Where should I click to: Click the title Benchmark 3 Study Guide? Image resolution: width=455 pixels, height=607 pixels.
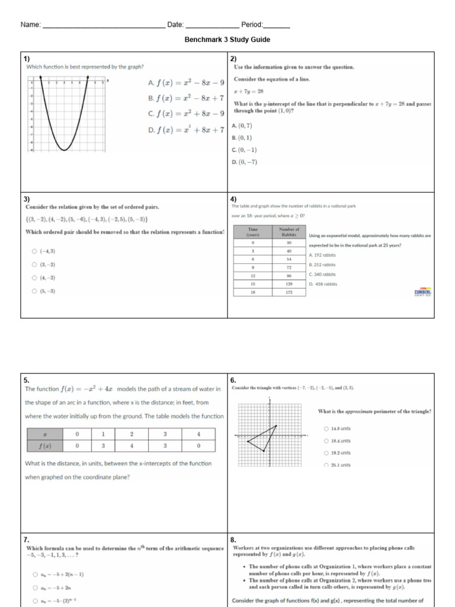click(227, 40)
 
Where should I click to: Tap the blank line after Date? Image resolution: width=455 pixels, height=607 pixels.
click(212, 25)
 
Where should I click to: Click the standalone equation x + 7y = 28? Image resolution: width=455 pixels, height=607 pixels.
click(249, 91)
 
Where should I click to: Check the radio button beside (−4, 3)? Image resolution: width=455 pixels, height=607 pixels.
click(35, 251)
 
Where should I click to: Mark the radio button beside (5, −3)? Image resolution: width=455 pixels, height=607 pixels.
click(35, 291)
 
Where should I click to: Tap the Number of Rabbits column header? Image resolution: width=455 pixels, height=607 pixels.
click(289, 232)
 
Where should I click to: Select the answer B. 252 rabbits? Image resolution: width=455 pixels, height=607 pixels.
click(322, 265)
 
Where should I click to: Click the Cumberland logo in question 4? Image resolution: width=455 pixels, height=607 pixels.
click(423, 293)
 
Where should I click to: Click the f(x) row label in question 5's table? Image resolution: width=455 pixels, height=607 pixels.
click(44, 445)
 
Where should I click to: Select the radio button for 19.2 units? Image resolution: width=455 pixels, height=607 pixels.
click(326, 453)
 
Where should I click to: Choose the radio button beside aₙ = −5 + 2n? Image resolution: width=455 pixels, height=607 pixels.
click(35, 588)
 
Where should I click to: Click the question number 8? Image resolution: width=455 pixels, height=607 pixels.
click(233, 539)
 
